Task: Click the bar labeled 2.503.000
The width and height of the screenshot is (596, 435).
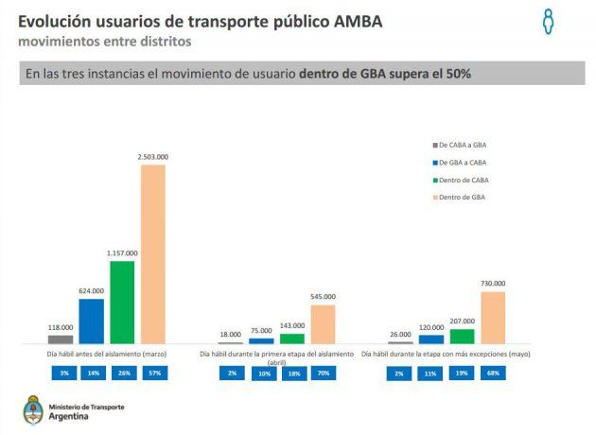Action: tap(153, 253)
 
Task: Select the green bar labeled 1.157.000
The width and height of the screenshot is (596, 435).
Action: tap(122, 302)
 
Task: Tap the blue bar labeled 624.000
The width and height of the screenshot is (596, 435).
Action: tap(91, 322)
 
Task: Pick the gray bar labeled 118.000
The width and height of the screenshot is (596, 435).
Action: tap(61, 339)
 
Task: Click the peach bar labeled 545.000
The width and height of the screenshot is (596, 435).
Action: tap(323, 323)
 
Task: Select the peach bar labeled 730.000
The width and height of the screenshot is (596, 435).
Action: tap(493, 317)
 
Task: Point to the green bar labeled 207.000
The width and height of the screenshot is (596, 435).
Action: tap(462, 336)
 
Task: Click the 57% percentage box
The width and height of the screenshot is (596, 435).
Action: tap(153, 373)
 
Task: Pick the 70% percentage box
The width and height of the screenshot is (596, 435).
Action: tap(323, 373)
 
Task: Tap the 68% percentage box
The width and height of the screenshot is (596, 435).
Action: tap(493, 373)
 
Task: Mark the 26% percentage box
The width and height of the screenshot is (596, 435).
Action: tap(122, 373)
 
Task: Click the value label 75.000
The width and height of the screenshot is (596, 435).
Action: tap(261, 331)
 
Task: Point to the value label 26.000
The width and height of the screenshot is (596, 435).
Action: tap(400, 334)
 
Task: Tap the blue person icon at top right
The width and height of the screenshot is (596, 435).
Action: tap(547, 22)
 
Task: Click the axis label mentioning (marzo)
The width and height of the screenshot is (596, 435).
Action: tap(107, 354)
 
